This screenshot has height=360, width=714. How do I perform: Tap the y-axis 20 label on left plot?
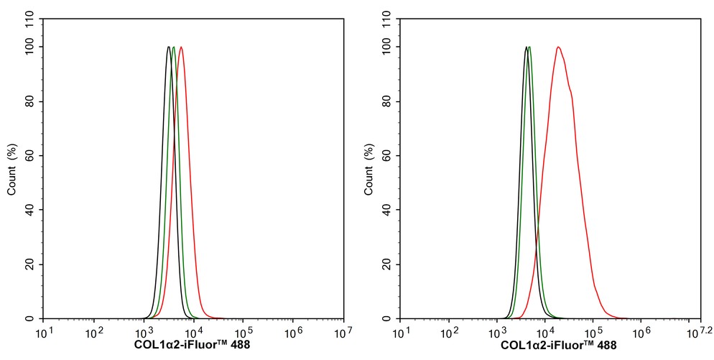[x=31, y=264]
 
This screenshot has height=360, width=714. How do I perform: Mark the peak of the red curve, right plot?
[x=557, y=47]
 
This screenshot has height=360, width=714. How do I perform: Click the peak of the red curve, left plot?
[x=181, y=47]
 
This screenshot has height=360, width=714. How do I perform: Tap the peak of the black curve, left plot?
[x=168, y=47]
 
